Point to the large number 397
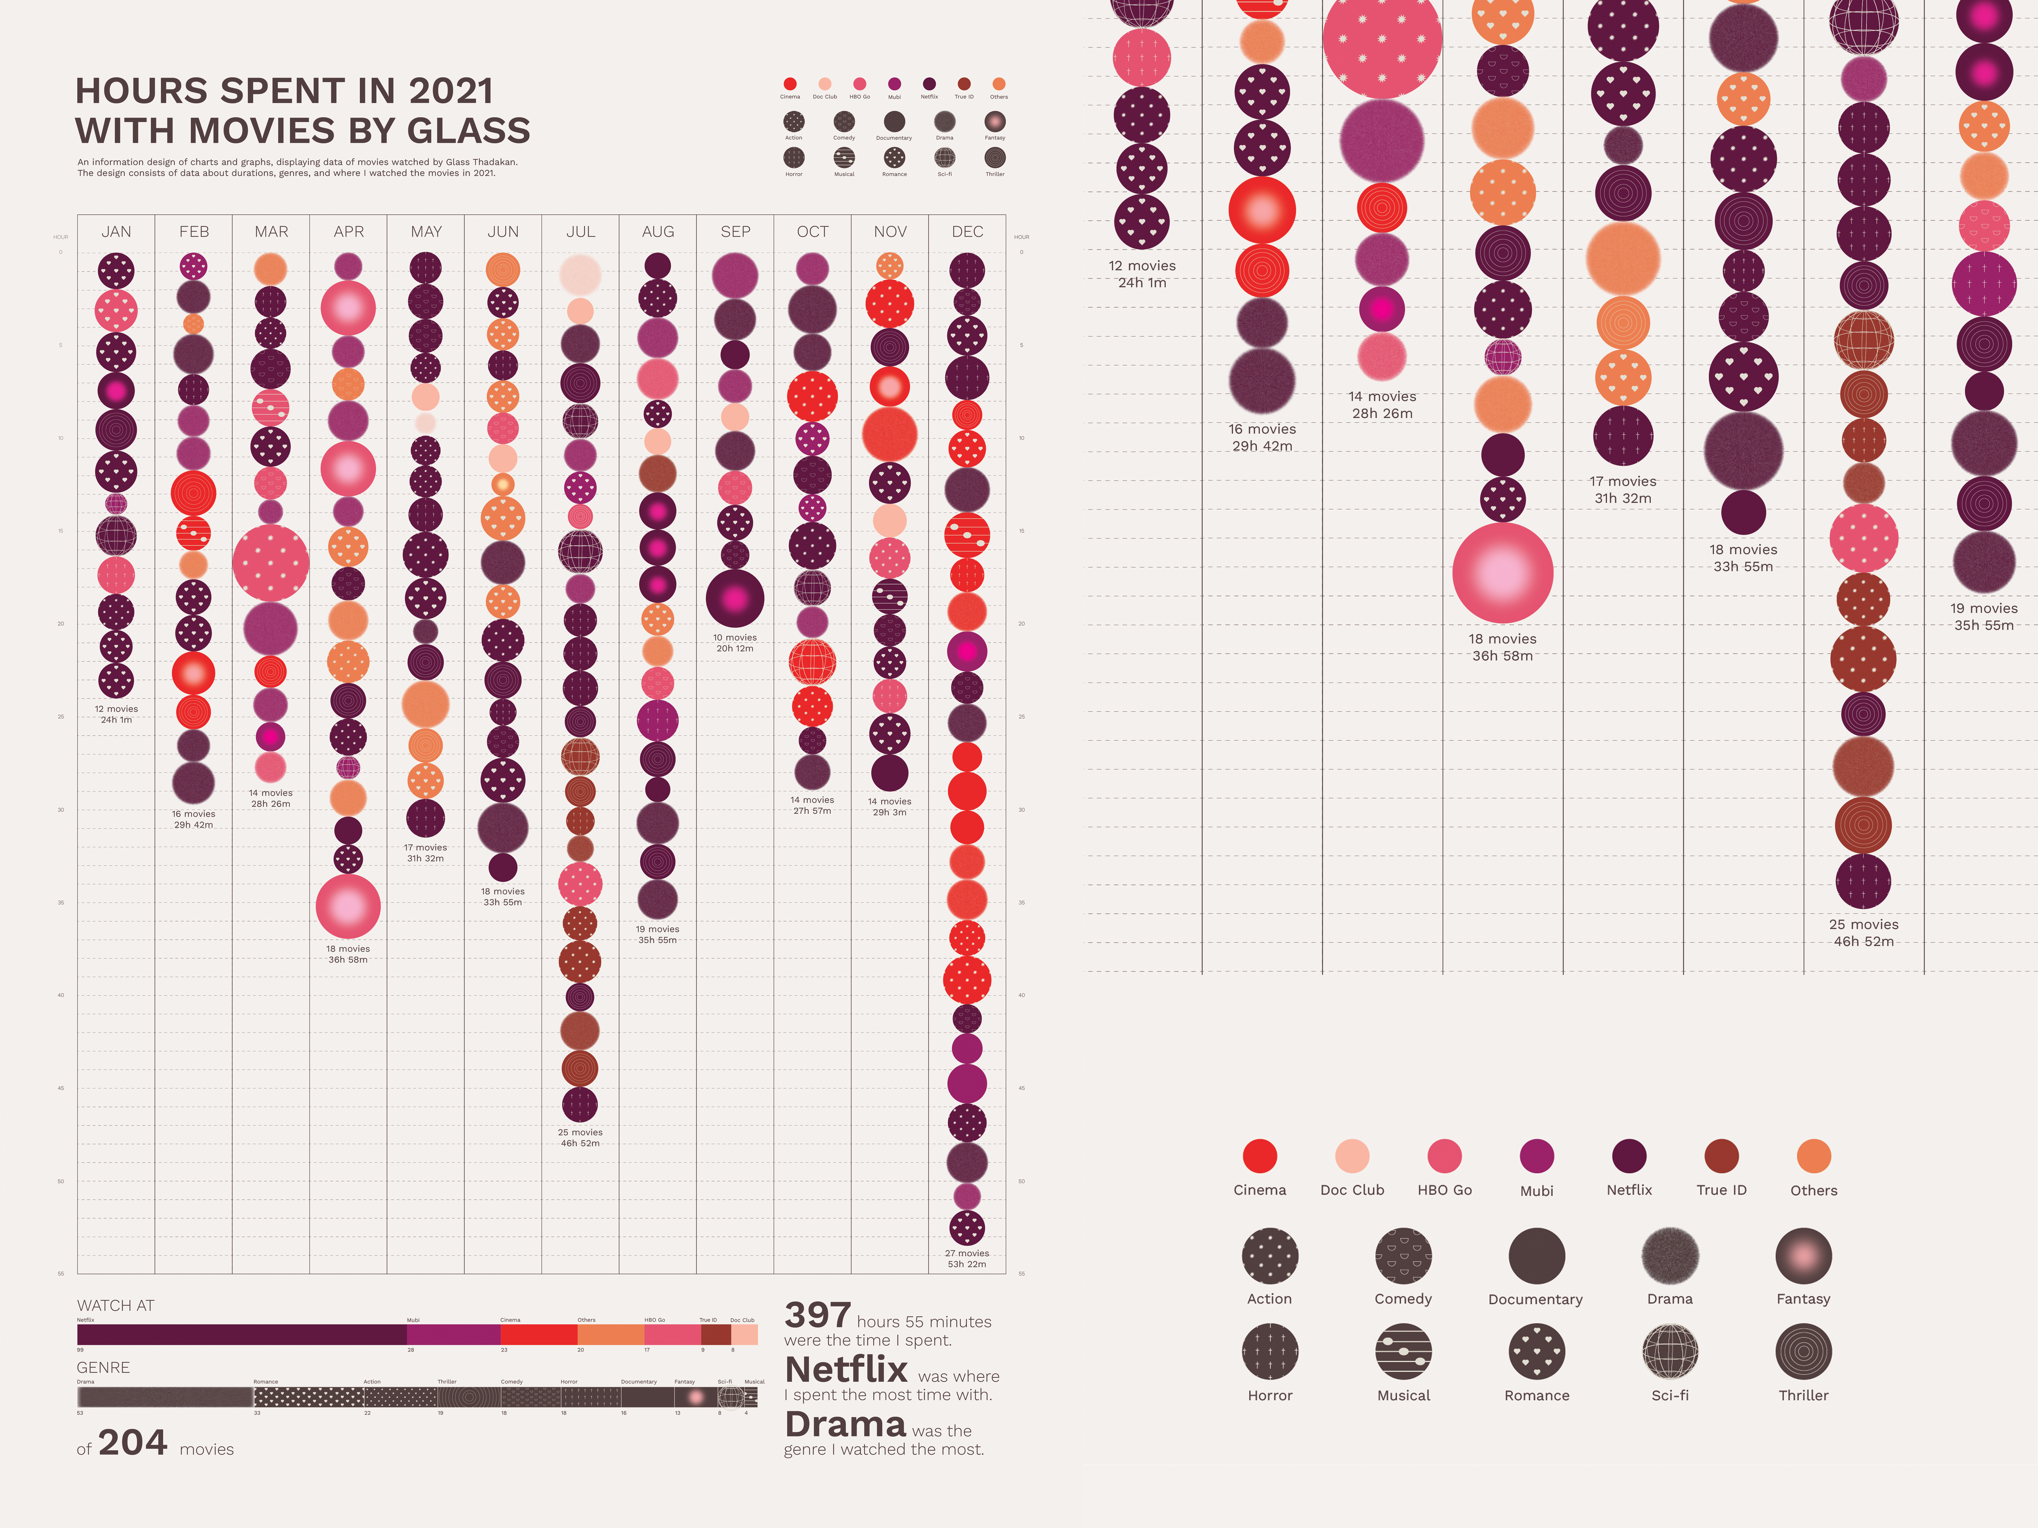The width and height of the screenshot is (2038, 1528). (x=817, y=1315)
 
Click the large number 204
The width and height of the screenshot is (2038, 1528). (x=133, y=1442)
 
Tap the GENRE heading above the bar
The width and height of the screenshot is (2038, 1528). (x=103, y=1367)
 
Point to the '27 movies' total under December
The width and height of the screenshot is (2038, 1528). (x=966, y=1253)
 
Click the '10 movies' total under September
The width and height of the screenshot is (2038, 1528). (x=734, y=637)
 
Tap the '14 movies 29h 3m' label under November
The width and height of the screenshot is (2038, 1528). (x=889, y=807)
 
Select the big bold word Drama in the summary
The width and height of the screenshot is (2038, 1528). (x=845, y=1424)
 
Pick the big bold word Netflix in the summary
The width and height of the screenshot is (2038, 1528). (x=846, y=1369)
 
